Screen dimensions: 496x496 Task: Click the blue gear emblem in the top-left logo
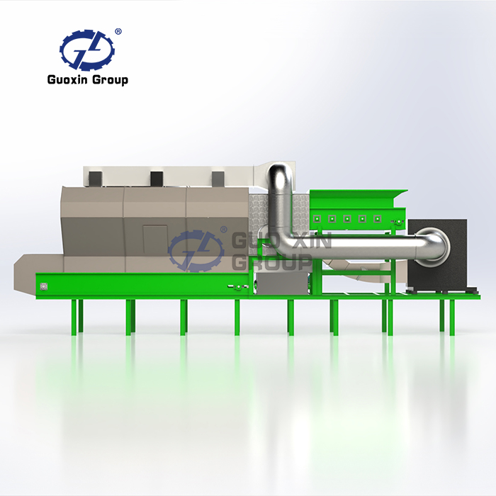(x=87, y=50)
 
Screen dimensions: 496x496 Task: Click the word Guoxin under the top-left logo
(x=67, y=79)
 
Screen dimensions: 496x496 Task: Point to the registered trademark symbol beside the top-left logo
(x=118, y=32)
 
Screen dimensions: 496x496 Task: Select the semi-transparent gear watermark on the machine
(x=196, y=251)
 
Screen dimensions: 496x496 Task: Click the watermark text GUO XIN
(x=282, y=240)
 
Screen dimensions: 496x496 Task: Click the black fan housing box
(x=437, y=254)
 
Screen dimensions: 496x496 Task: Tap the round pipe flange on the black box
(x=434, y=245)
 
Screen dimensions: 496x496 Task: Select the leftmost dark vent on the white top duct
(x=94, y=179)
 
